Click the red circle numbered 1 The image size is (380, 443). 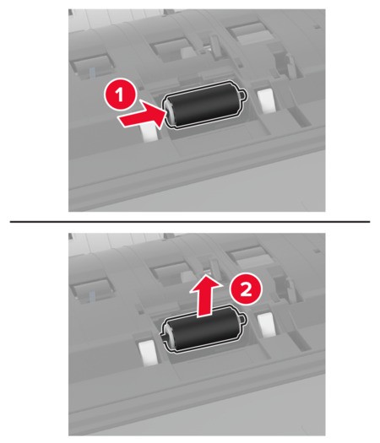coord(120,95)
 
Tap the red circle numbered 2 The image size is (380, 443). coord(247,289)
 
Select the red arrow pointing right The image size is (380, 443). coord(142,115)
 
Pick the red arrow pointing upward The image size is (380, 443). coord(205,298)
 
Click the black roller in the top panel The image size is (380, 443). coord(205,105)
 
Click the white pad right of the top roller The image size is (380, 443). coord(265,101)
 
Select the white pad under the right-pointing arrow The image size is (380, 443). coord(149,132)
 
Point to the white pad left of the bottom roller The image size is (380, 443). coord(147,352)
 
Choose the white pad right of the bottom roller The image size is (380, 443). coord(265,325)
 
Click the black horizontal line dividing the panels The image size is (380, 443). coord(190,222)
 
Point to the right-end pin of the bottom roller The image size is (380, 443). coord(243,319)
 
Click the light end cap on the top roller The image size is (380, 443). coord(170,113)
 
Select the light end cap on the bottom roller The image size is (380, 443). coord(169,336)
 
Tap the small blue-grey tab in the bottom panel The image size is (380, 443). coord(92,296)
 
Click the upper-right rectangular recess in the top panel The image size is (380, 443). coord(249,32)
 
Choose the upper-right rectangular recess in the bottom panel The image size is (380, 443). coord(249,256)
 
